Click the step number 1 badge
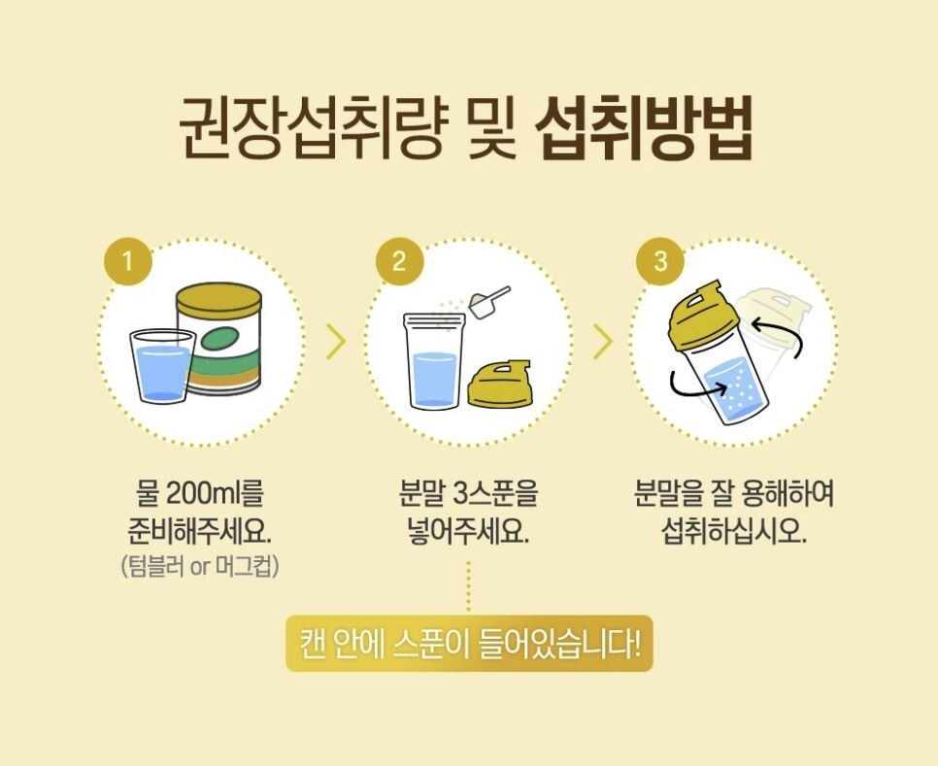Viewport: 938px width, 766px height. [x=128, y=261]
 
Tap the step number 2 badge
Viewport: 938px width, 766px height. [x=400, y=261]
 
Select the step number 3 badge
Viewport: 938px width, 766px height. [x=660, y=261]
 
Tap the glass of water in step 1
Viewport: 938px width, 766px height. [x=162, y=366]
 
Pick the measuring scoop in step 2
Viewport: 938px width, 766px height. [x=487, y=302]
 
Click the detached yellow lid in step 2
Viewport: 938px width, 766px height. [x=499, y=383]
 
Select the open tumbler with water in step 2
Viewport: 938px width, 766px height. [x=435, y=362]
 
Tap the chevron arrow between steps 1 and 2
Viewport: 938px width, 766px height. [x=337, y=342]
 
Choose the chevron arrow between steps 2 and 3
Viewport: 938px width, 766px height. [x=604, y=342]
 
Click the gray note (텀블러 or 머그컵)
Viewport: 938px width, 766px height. [x=200, y=566]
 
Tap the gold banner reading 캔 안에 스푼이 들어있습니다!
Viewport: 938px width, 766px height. [x=469, y=644]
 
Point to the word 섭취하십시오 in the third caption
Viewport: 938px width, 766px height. [x=734, y=531]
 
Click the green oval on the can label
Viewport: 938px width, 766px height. [x=222, y=340]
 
